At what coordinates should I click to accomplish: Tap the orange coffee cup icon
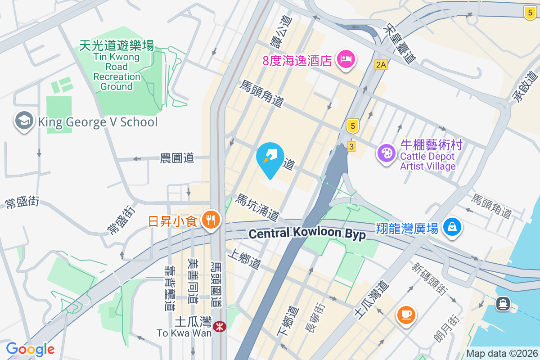click(406, 314)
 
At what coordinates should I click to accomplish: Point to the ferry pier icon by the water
click(503, 304)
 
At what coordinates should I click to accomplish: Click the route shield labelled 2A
click(381, 65)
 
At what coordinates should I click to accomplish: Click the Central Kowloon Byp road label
click(307, 234)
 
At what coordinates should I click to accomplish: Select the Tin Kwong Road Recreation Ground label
click(117, 66)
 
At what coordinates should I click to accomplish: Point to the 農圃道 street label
click(177, 158)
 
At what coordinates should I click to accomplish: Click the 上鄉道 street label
click(244, 260)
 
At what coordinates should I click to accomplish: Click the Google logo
click(31, 349)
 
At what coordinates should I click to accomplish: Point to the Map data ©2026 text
click(502, 353)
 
